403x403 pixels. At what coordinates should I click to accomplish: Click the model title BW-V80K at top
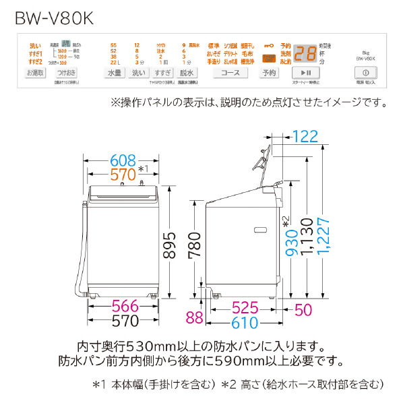(55, 14)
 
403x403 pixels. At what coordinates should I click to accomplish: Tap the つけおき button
(66, 72)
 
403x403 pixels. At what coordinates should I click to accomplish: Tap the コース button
(230, 72)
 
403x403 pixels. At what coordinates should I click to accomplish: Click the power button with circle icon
(365, 72)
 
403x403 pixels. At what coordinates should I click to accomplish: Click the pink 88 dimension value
(195, 317)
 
